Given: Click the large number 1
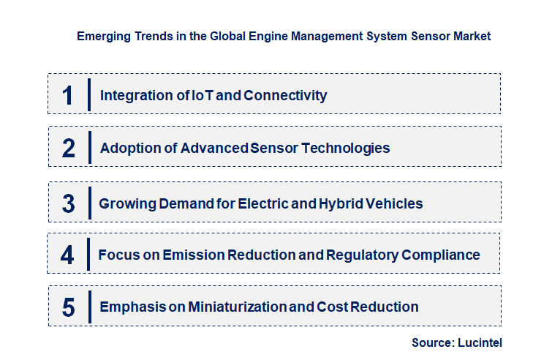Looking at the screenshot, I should click(68, 95).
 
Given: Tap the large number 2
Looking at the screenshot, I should click(69, 149).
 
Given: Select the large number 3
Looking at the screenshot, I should click(68, 203).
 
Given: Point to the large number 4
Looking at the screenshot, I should click(67, 255).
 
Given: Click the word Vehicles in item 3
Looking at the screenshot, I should click(396, 203).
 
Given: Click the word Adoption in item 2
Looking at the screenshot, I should click(128, 148).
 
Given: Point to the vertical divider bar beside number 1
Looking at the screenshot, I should click(88, 94).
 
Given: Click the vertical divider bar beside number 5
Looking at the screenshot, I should click(88, 306).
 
